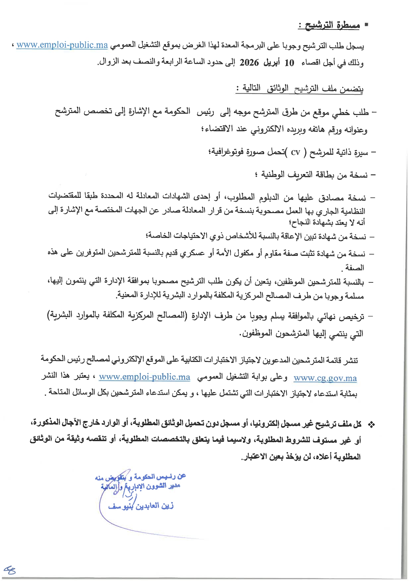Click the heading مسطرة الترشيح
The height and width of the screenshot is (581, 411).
[x=329, y=25]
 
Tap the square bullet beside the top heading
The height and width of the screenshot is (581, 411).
[x=366, y=25]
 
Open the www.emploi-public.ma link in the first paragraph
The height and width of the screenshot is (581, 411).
[x=62, y=45]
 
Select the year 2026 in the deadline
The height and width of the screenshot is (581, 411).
[x=249, y=63]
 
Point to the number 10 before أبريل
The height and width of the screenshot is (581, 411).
[x=289, y=63]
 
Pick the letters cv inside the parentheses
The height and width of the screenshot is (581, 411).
[x=295, y=152]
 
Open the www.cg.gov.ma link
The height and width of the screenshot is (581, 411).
[x=325, y=378]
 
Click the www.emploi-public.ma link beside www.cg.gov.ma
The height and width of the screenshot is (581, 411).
[x=145, y=377]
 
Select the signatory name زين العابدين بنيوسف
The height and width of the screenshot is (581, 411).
[x=141, y=506]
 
